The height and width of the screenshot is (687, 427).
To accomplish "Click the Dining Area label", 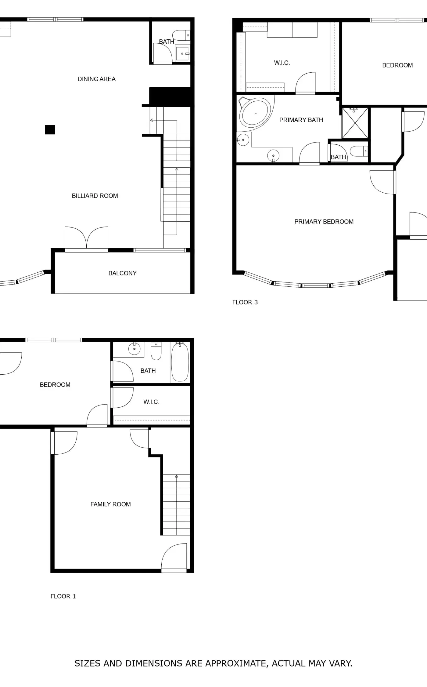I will [x=96, y=79].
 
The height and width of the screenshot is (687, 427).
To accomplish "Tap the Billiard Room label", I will [x=95, y=196].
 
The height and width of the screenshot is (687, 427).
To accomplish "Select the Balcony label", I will [x=122, y=273].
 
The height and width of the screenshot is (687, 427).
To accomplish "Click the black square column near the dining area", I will [x=50, y=130].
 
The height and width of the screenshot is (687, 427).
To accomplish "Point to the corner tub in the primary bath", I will [x=255, y=113].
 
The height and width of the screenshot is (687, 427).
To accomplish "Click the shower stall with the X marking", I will [x=355, y=123].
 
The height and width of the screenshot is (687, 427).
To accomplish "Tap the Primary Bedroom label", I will [x=324, y=222].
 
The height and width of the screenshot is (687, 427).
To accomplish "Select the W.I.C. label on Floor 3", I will [x=282, y=63].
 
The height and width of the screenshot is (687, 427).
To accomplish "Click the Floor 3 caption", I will [x=245, y=302].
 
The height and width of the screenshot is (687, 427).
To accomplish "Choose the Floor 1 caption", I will [x=63, y=596].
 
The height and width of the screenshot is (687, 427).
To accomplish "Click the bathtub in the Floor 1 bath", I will [x=180, y=362].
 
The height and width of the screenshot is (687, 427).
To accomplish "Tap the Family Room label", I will [x=110, y=504].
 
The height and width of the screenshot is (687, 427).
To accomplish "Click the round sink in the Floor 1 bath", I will [x=134, y=349].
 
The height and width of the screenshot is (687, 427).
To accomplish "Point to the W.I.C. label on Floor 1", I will [x=151, y=402].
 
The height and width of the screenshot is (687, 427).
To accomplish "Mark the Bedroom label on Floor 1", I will [x=55, y=385].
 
